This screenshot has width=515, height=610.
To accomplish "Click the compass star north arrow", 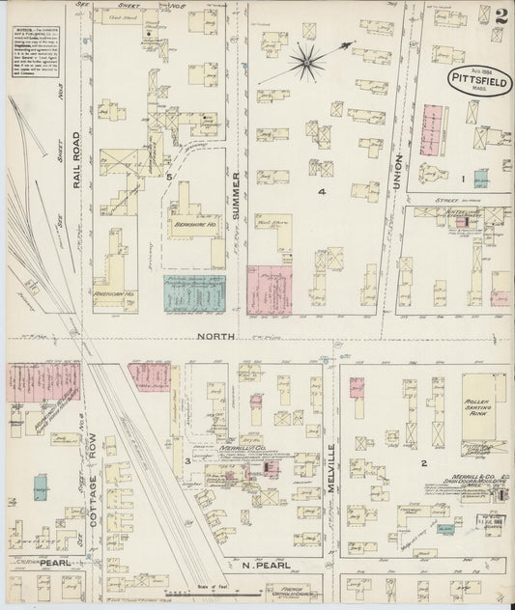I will coord(307,62).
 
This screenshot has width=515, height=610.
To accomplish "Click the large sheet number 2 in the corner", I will coord(499,16).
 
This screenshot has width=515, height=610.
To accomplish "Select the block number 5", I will coord(168,178).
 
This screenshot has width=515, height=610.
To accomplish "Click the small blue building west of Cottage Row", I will coord(42,489).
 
